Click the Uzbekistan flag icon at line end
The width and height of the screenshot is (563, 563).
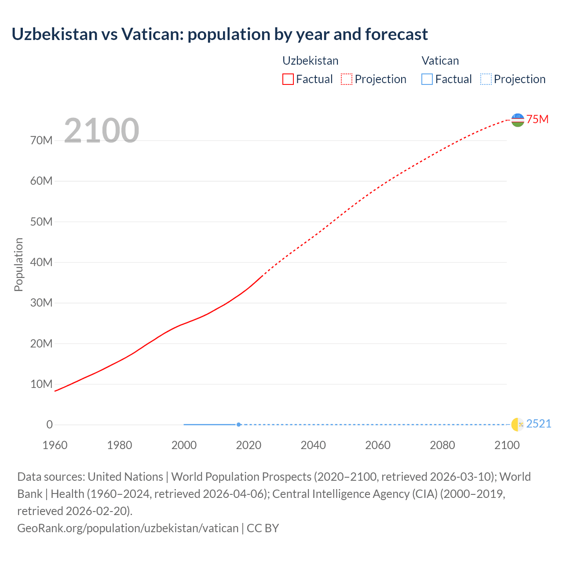518,120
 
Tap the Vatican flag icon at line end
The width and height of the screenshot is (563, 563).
518,424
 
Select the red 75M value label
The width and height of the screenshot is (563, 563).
537,119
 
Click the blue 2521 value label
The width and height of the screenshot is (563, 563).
538,424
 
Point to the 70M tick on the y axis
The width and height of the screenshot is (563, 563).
41,140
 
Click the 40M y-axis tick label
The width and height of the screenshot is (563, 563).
41,262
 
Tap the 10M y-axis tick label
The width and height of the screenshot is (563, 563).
41,384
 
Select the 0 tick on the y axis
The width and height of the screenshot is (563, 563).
49,424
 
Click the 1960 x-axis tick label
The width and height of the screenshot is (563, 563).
55,445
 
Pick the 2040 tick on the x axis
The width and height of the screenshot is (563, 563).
313,445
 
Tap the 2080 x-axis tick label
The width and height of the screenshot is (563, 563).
442,445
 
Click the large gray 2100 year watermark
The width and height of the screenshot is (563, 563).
102,131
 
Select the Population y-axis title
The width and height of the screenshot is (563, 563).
18,264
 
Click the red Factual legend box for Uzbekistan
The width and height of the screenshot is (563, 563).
288,79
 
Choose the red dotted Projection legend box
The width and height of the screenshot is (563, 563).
347,79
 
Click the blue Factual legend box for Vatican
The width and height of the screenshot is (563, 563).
427,79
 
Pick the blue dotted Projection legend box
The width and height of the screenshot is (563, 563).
486,79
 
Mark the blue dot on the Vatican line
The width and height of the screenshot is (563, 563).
238,424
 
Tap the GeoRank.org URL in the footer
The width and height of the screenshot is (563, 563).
128,528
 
